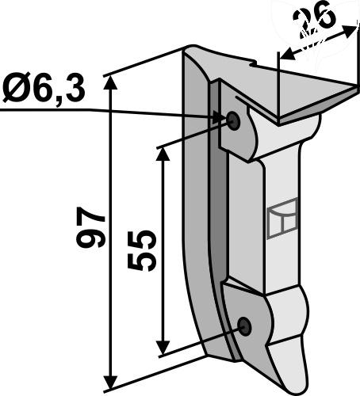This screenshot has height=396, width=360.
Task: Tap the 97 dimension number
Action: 90,227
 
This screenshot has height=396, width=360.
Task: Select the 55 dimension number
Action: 140,249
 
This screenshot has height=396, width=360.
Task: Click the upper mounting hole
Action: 233,120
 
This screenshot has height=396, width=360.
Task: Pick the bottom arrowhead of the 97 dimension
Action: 110,384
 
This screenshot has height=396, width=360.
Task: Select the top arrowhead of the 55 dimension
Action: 163,154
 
